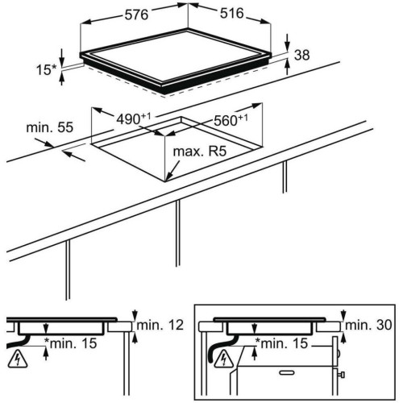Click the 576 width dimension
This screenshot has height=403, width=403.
point(136,15)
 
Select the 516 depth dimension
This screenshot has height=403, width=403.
point(232,13)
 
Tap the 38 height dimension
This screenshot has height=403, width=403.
point(302,55)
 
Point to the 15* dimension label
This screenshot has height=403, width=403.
point(47,70)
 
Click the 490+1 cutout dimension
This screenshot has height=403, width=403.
point(133,118)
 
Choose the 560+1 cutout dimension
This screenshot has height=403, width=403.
point(231,120)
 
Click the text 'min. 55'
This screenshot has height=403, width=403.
point(50,127)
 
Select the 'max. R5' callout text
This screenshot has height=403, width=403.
point(200,152)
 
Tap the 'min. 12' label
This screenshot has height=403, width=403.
point(160,325)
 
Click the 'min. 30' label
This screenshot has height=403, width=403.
point(368,325)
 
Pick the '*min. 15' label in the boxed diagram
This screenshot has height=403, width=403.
point(281,343)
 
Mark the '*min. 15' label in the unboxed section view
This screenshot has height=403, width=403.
point(71,343)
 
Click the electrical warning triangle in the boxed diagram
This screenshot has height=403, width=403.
point(224,359)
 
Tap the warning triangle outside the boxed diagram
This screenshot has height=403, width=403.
point(18,359)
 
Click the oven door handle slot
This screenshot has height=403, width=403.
point(287,372)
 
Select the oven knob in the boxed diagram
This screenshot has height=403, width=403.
point(342,375)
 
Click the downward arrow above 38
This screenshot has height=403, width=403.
point(288,43)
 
